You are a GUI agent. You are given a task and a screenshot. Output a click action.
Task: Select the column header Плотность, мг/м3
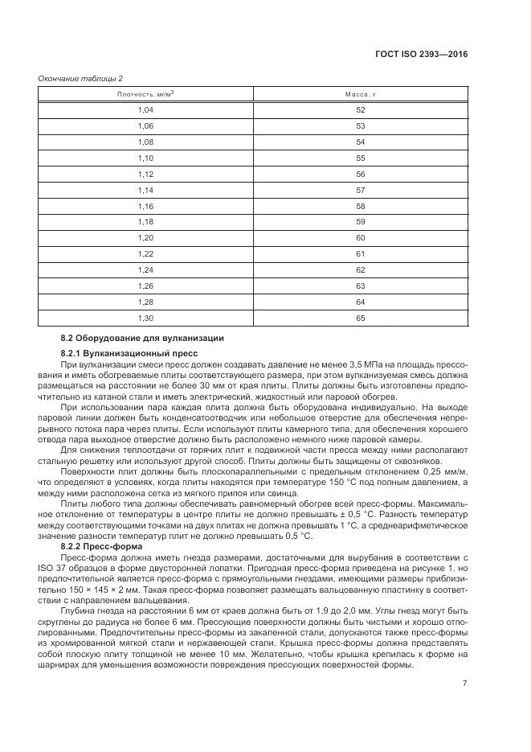click(145, 94)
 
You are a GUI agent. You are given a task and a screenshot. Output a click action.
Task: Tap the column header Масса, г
click(360, 94)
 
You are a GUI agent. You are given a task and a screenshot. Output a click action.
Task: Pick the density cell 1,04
click(145, 110)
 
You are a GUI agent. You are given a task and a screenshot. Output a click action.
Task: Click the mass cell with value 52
click(360, 110)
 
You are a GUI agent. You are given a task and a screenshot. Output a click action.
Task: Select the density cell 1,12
click(145, 175)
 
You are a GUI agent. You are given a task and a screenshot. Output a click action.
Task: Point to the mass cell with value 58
click(360, 207)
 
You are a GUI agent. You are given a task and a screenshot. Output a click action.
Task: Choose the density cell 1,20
click(145, 238)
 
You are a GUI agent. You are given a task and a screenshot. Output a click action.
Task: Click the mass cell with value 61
click(360, 254)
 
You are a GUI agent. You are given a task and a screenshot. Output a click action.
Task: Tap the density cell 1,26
click(145, 286)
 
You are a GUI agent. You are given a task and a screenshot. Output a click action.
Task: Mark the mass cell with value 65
click(360, 318)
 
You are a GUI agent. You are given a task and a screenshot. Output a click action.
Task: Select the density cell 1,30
click(145, 318)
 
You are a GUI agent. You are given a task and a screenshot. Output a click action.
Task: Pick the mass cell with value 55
click(360, 158)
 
